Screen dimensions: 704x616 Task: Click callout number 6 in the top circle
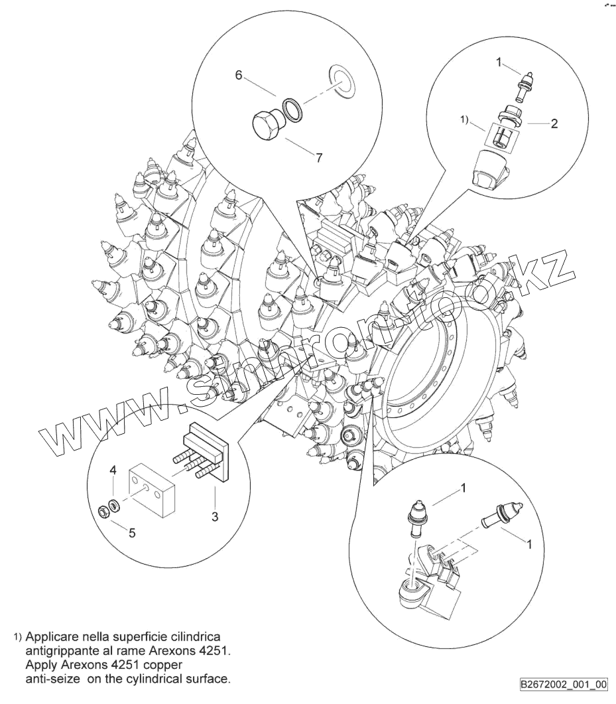coord(238,75)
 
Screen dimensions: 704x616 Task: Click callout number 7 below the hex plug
coord(319,157)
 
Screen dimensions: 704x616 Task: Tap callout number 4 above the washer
coord(113,470)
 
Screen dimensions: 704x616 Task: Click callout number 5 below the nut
coord(131,531)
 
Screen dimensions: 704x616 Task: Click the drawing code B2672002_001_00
coord(564,684)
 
